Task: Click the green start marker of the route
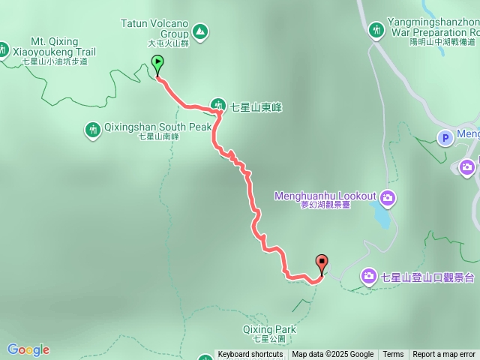coord(157,63)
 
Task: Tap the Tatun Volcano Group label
coord(154,28)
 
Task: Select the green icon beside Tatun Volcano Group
coord(199,31)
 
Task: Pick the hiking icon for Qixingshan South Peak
coord(92,130)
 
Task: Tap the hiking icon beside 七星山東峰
coord(218,106)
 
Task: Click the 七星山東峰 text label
coord(256,107)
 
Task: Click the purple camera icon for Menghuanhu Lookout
coord(388,198)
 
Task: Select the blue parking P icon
coord(445,137)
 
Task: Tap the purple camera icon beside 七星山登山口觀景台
coord(369,277)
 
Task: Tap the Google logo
coord(28,349)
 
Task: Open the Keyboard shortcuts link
coord(250,355)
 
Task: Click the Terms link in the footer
coord(393,355)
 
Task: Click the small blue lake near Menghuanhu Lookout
coord(382,217)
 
